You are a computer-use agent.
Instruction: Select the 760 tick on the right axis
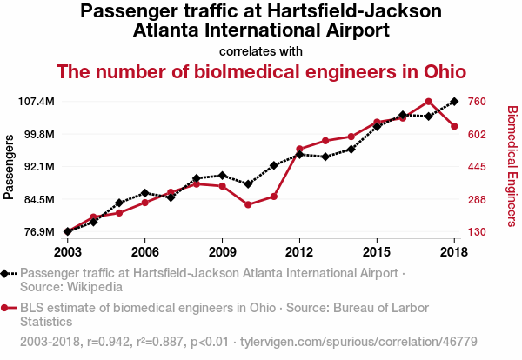pyautogui.click(x=477, y=102)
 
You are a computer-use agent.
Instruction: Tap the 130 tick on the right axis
pyautogui.click(x=477, y=231)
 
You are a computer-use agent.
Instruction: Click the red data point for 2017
pyautogui.click(x=429, y=102)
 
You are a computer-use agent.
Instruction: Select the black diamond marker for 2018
pyautogui.click(x=454, y=102)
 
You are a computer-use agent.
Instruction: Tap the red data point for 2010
pyautogui.click(x=248, y=204)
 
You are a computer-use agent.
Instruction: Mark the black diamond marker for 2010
pyautogui.click(x=248, y=184)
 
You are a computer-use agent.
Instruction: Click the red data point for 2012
pyautogui.click(x=299, y=150)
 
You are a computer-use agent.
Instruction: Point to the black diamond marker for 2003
pyautogui.click(x=67, y=231)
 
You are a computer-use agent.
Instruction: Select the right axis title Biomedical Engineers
pyautogui.click(x=512, y=166)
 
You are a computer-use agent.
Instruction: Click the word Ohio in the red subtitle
pyautogui.click(x=442, y=71)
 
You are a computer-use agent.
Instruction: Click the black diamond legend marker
pyautogui.click(x=6, y=274)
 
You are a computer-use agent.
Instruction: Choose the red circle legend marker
pyautogui.click(x=6, y=308)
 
